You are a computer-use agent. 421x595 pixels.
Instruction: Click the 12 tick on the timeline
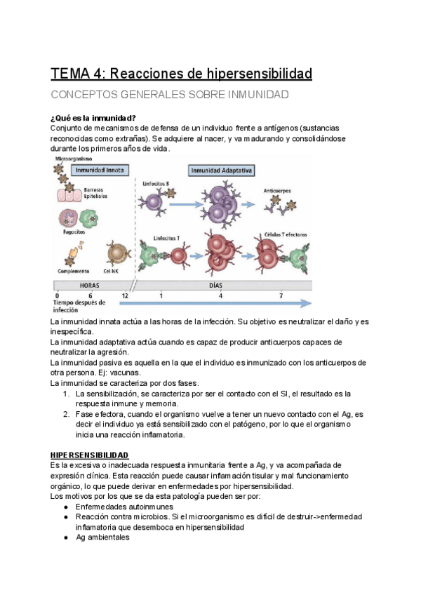(x=125, y=295)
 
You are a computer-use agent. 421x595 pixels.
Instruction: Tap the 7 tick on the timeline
(x=281, y=295)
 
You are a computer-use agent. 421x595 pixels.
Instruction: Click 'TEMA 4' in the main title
(x=76, y=74)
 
